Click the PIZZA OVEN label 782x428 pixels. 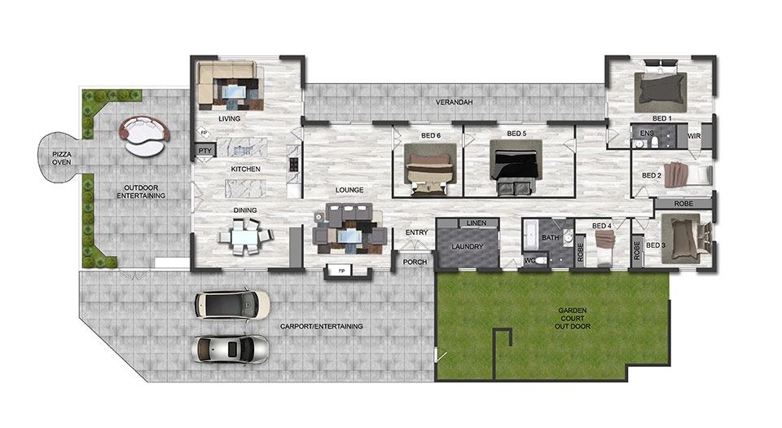[x=62, y=158]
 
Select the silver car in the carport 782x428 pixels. [x=230, y=349]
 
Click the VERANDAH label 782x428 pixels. [x=454, y=102]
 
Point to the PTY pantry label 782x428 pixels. [x=205, y=151]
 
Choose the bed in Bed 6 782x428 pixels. [x=430, y=169]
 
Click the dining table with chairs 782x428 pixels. [x=245, y=236]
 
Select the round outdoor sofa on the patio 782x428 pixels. [x=144, y=135]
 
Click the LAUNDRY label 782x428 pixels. [x=468, y=246]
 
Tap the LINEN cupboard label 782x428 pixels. [x=477, y=223]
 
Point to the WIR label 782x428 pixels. [x=694, y=135]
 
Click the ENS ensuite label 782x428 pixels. [x=646, y=133]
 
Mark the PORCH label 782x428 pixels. [x=415, y=262]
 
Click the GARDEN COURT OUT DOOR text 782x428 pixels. [x=573, y=318]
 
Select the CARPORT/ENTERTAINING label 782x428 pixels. [x=321, y=326]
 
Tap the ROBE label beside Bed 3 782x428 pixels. [x=636, y=250]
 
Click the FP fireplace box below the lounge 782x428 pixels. [x=341, y=271]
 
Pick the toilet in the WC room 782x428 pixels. [x=540, y=260]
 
